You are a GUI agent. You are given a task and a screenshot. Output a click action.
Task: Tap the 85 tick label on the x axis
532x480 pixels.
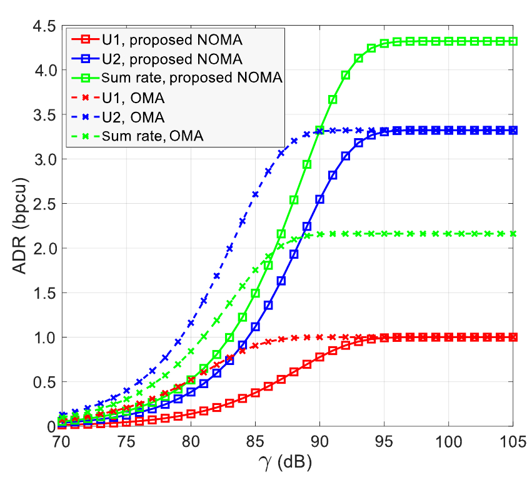pyautogui.click(x=255, y=442)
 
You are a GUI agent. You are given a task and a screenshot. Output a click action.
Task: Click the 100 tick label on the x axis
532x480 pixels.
pyautogui.click(x=448, y=442)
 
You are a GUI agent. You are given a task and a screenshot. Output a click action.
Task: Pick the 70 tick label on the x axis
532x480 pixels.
pyautogui.click(x=61, y=442)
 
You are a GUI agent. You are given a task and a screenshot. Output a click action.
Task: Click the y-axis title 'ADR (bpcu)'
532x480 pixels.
pyautogui.click(x=19, y=226)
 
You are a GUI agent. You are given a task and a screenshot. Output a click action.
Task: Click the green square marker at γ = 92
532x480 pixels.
pyautogui.click(x=345, y=75)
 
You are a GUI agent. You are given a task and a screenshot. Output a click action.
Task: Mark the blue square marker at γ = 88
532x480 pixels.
pyautogui.click(x=294, y=254)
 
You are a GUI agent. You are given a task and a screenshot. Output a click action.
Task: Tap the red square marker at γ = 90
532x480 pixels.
pyautogui.click(x=319, y=357)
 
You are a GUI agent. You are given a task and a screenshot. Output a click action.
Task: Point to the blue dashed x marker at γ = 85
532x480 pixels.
pyautogui.click(x=255, y=194)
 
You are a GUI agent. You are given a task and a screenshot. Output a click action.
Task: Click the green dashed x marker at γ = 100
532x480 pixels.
pyautogui.click(x=448, y=234)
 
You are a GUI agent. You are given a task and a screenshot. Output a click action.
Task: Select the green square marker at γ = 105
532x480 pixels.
pyautogui.click(x=513, y=41)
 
